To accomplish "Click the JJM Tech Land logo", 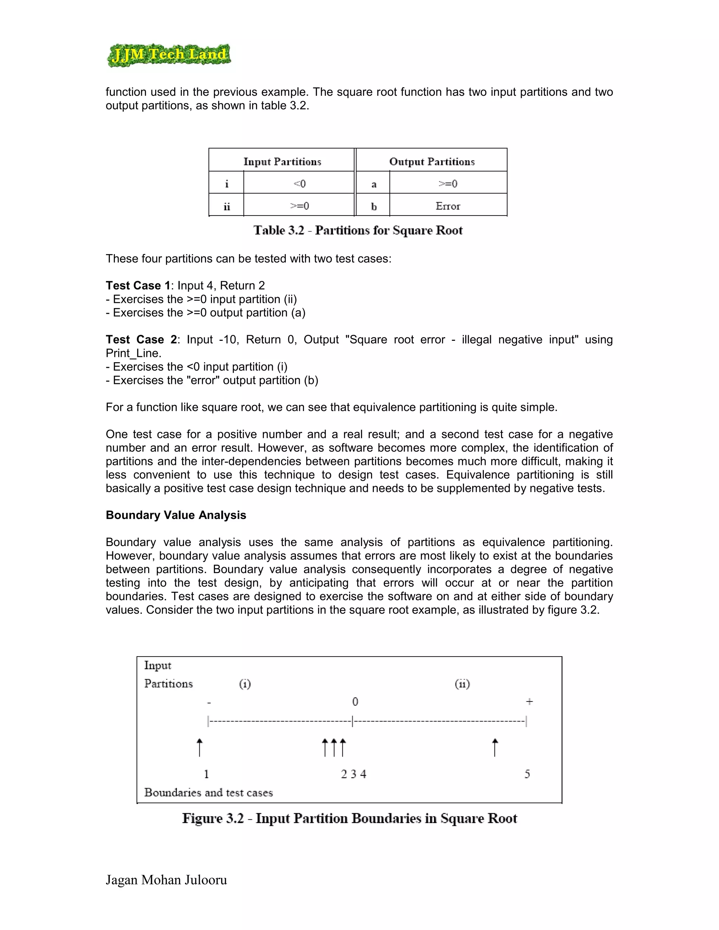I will tap(169, 55).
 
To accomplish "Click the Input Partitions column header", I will tap(282, 161).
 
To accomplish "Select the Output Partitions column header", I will tap(431, 161).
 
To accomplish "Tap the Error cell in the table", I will tap(448, 206).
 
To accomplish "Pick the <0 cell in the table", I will tap(299, 184).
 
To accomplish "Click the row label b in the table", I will tap(374, 206).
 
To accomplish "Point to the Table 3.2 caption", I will tap(358, 230).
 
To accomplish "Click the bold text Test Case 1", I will tap(138, 285).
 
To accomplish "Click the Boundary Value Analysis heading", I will tap(176, 515).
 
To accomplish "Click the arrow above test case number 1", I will tap(199, 747).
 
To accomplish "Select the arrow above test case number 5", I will tap(495, 747).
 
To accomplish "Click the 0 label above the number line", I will tap(355, 701).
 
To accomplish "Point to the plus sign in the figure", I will tap(529, 701).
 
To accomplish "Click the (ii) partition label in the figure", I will tap(462, 684).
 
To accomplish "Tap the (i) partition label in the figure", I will tap(244, 684).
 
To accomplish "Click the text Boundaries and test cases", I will tap(208, 792).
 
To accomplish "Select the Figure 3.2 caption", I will tap(349, 818).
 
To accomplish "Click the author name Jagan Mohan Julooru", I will tap(166, 880).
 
